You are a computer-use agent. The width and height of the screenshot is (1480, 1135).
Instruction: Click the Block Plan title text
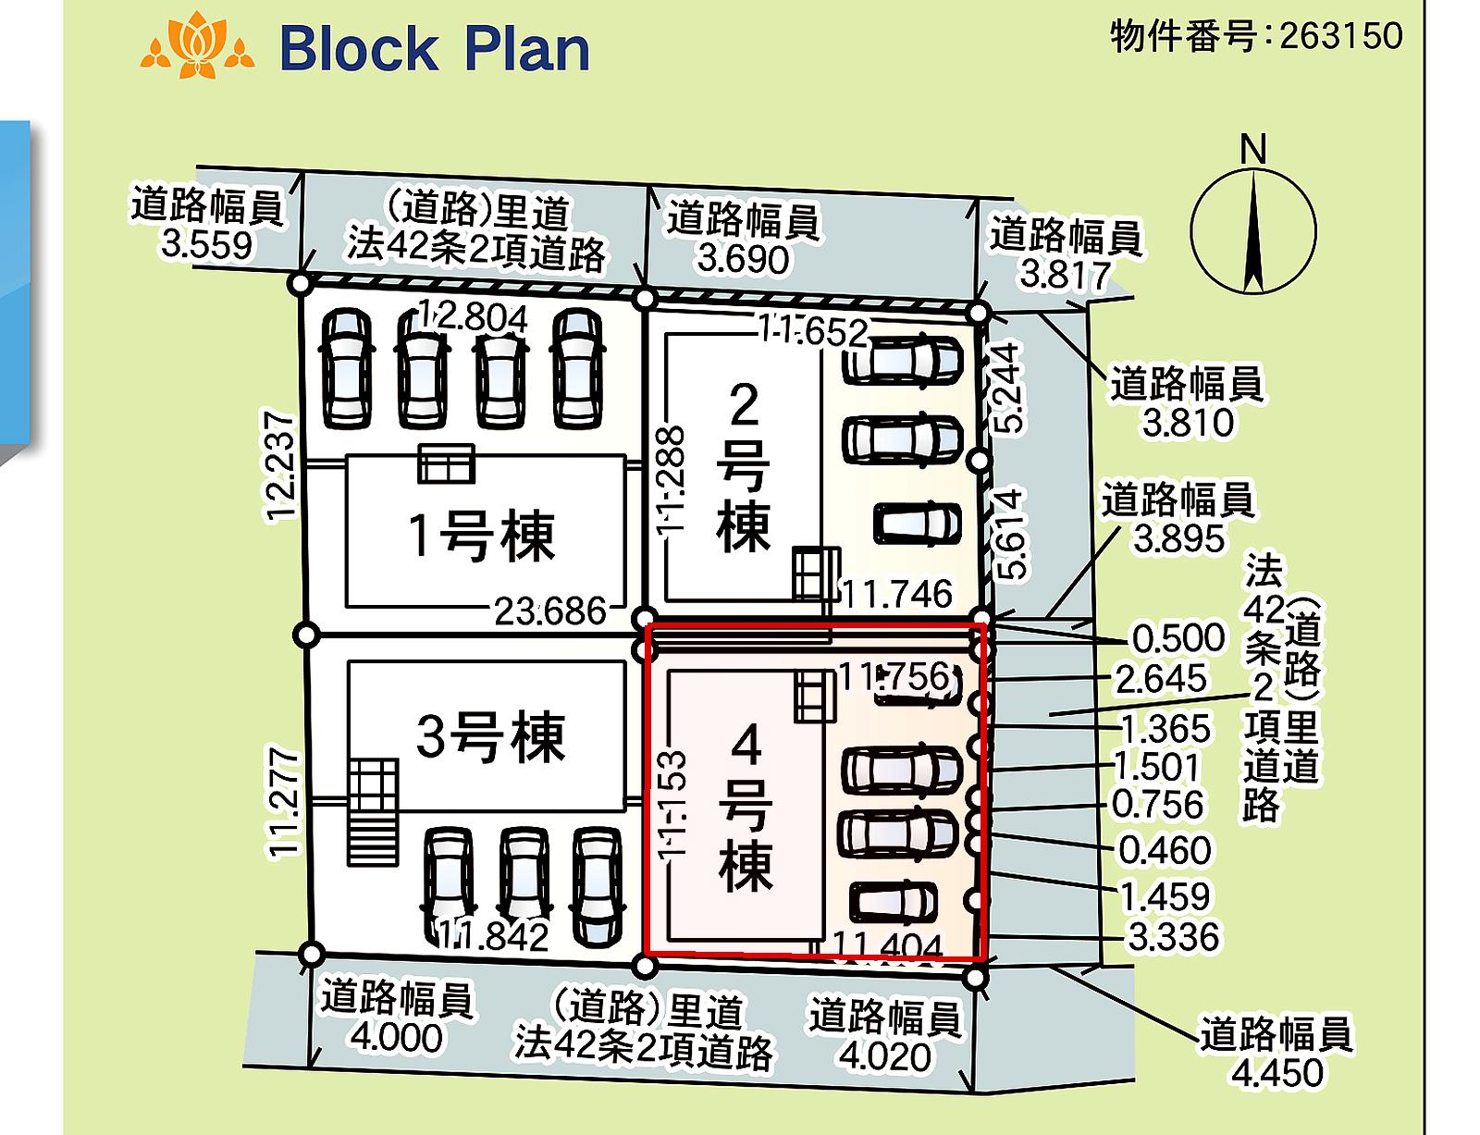tap(434, 49)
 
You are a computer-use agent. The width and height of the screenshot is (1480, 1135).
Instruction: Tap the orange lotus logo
tap(198, 45)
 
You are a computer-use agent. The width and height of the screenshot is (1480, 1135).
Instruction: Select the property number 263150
tap(1341, 35)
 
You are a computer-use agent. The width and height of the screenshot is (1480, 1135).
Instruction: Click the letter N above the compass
tap(1253, 149)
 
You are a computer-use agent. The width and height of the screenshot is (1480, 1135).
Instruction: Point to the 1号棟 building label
tap(482, 536)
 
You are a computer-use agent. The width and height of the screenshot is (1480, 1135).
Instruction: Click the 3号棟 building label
tap(490, 736)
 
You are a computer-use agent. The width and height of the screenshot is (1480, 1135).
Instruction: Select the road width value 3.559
tap(206, 245)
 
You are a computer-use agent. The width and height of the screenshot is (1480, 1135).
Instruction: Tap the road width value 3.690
tap(743, 259)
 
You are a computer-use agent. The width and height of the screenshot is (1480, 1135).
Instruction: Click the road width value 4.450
tap(1277, 1073)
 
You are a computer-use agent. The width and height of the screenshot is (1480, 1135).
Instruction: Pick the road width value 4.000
tap(396, 1038)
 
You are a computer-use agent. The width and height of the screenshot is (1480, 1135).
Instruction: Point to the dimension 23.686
tap(549, 611)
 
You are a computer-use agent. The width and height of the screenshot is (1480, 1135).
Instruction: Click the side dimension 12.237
tap(280, 466)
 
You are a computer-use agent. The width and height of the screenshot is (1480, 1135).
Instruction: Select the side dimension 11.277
tap(283, 803)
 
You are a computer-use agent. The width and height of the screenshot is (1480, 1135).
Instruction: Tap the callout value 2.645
tap(1161, 679)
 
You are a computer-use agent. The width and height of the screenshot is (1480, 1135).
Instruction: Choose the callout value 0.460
tap(1165, 850)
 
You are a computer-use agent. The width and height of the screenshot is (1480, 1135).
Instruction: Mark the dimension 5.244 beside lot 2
tap(1007, 389)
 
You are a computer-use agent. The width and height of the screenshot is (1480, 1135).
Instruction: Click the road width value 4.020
tap(884, 1056)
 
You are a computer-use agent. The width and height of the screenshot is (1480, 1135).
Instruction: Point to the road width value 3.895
tap(1178, 538)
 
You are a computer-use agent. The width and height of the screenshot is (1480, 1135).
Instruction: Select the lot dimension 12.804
tap(472, 317)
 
